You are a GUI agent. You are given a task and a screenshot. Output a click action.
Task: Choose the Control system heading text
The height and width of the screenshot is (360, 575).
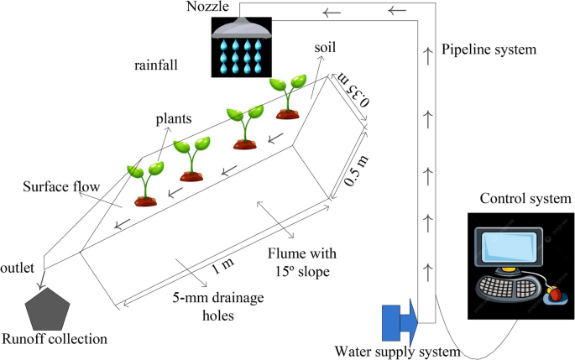[525, 200]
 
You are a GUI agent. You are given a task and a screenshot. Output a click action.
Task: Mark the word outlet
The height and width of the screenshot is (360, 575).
[18, 269]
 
